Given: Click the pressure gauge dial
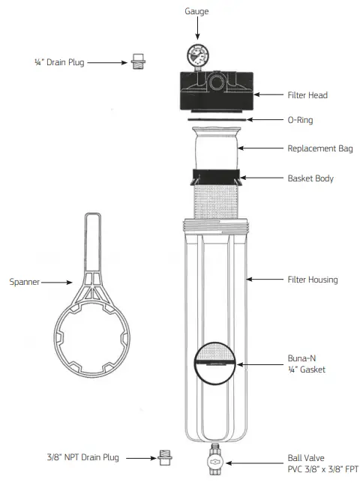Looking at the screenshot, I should [x=197, y=55].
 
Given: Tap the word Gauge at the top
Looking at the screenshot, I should [x=197, y=11].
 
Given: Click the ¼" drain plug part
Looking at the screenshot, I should [x=137, y=61].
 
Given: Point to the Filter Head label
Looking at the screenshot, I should [x=308, y=95].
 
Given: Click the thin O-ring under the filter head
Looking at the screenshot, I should [x=215, y=118].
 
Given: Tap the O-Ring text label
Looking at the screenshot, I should [x=301, y=119].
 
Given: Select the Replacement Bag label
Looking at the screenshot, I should [x=320, y=148].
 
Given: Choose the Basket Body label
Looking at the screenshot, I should [x=310, y=178].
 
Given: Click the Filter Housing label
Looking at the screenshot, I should [x=313, y=280].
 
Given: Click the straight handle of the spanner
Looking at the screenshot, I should [x=91, y=240].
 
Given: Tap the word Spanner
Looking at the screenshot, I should [x=25, y=283].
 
